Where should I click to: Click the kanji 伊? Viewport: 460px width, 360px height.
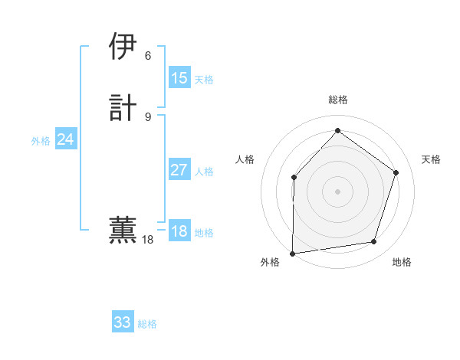(x=123, y=47)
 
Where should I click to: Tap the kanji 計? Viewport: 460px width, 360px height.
(x=123, y=107)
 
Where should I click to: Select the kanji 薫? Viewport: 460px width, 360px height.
(x=123, y=231)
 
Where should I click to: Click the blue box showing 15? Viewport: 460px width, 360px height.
(x=179, y=78)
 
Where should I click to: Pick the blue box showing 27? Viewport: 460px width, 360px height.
(x=179, y=170)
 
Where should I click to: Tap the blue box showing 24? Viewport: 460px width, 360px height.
(x=66, y=139)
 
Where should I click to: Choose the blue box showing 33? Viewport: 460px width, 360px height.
(x=123, y=322)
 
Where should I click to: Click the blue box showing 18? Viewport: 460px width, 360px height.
(x=179, y=231)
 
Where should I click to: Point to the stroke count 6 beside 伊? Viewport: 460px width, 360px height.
(x=148, y=56)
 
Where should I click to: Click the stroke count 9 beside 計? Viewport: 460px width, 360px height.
(x=148, y=116)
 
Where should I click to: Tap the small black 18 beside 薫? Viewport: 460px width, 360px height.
(x=148, y=241)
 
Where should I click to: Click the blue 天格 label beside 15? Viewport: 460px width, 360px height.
(x=204, y=80)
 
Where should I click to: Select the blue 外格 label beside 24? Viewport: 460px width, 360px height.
(x=41, y=141)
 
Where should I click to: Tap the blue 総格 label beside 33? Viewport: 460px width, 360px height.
(x=147, y=324)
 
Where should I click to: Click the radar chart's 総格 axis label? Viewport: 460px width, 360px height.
(x=337, y=100)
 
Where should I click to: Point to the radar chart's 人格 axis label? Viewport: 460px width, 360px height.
(x=245, y=159)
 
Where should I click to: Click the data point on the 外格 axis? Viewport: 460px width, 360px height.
(x=292, y=254)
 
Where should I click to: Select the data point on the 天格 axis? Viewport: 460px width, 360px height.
(x=396, y=172)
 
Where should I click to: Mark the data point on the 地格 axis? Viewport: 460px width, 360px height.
(x=374, y=242)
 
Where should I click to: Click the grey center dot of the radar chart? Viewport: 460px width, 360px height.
(x=337, y=191)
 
